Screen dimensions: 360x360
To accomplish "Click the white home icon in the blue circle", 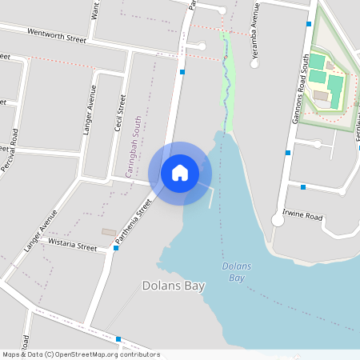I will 180,173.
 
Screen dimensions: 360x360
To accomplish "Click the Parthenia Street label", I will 134,223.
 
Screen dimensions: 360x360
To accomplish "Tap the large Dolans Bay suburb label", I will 174,286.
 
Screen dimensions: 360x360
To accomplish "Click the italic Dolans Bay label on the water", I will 237,272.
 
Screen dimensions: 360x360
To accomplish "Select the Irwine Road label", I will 302,217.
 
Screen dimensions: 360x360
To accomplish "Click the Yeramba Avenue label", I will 256,32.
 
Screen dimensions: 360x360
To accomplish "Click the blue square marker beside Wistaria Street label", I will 117,248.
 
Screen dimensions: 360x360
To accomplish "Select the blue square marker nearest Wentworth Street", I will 183,72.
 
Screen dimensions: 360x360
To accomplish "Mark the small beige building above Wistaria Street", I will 108,232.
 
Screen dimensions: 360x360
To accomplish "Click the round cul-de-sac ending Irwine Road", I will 278,221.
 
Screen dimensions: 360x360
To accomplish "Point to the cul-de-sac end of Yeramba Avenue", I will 254,64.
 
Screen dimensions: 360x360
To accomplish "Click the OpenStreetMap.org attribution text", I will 104,354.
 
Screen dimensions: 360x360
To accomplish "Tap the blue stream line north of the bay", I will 227,80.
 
